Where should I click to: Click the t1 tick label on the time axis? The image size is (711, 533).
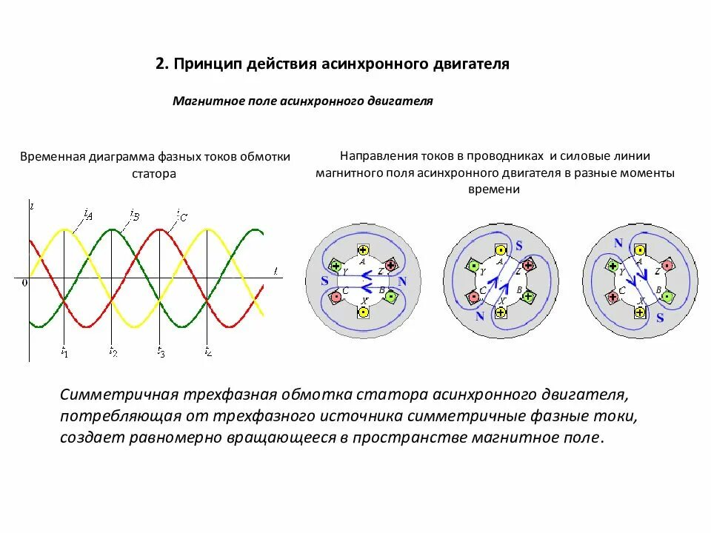pyautogui.click(x=64, y=353)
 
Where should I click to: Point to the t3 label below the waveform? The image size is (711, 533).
pyautogui.click(x=161, y=353)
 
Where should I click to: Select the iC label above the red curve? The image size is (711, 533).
pyautogui.click(x=181, y=216)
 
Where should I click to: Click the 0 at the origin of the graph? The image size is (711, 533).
pyautogui.click(x=24, y=282)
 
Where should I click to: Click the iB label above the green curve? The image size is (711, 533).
pyautogui.click(x=134, y=215)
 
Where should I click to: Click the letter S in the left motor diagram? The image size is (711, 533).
pyautogui.click(x=324, y=281)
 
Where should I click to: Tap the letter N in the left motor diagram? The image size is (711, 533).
pyautogui.click(x=401, y=281)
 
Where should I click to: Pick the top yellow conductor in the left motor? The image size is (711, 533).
pyautogui.click(x=363, y=249)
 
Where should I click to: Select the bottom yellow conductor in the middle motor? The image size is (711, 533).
pyautogui.click(x=501, y=312)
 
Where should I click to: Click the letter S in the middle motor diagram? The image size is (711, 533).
pyautogui.click(x=518, y=245)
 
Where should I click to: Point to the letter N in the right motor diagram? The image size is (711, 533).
pyautogui.click(x=618, y=243)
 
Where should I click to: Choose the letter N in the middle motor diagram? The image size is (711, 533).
pyautogui.click(x=480, y=316)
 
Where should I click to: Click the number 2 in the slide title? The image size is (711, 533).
pyautogui.click(x=160, y=64)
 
